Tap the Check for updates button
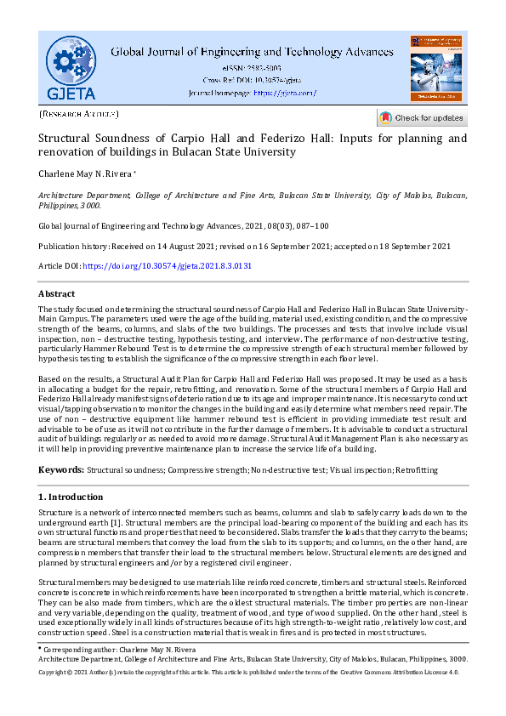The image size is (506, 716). [422, 117]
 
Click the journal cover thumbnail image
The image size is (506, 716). [436, 68]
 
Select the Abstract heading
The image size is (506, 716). [57, 293]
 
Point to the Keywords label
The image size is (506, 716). [61, 470]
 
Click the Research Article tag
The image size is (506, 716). [79, 113]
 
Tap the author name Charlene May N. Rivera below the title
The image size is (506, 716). [83, 174]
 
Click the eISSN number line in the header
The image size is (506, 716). [253, 67]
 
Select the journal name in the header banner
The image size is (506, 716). [253, 51]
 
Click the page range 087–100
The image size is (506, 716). [303, 226]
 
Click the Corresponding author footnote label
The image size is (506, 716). [77, 650]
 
